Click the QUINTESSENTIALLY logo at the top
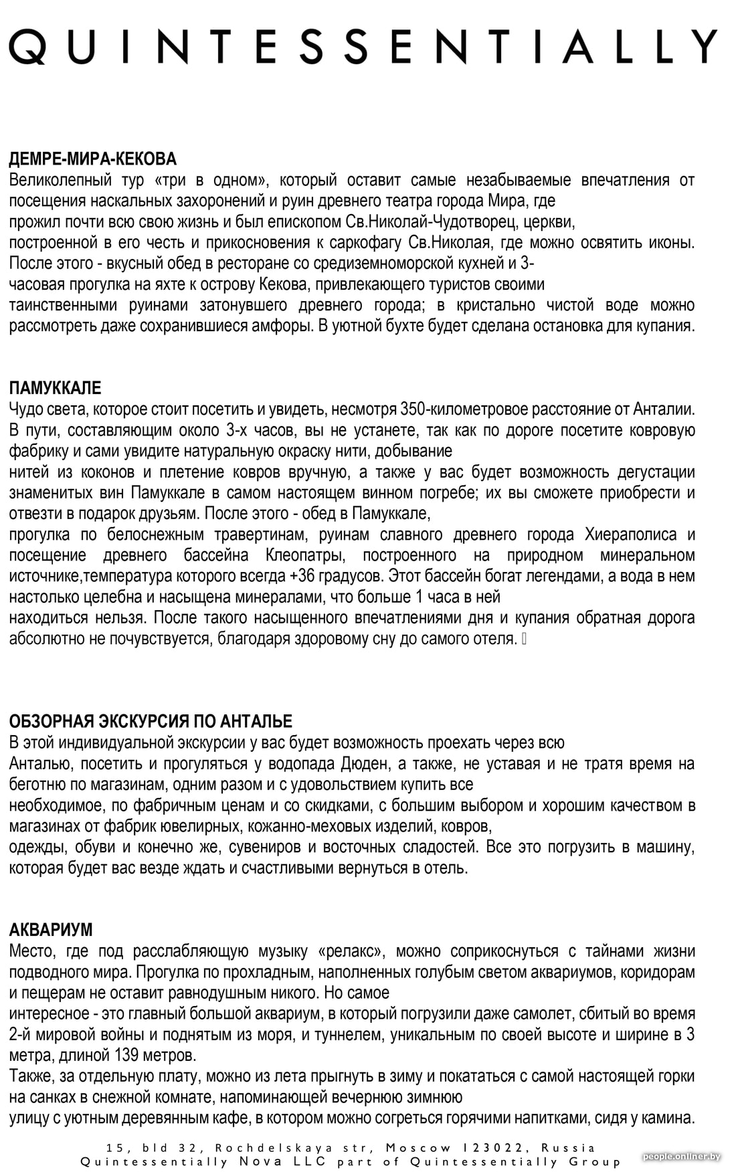click(x=363, y=46)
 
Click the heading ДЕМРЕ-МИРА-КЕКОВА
click(x=92, y=159)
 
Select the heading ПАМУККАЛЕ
click(x=55, y=388)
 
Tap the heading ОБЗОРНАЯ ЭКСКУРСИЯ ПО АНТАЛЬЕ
click(x=151, y=721)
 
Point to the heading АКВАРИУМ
click(x=51, y=930)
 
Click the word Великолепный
click(x=54, y=180)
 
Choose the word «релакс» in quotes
click(x=351, y=951)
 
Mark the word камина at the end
click(x=670, y=1118)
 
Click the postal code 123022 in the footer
click(x=489, y=1148)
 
